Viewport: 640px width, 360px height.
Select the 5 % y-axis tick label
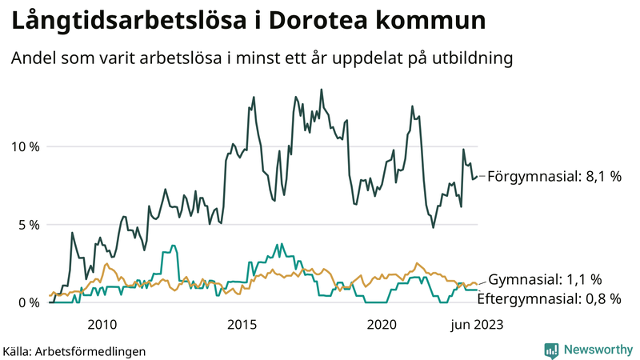pyautogui.click(x=27, y=225)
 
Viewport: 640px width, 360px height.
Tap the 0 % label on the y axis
pyautogui.click(x=27, y=302)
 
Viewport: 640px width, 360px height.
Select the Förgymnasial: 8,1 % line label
pyautogui.click(x=554, y=176)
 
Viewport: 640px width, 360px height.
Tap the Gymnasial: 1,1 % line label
pyautogui.click(x=545, y=279)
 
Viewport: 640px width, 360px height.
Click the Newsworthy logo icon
pyautogui.click(x=551, y=350)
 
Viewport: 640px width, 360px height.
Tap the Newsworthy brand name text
pyautogui.click(x=598, y=350)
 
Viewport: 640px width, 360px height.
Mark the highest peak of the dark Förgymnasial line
pyautogui.click(x=322, y=90)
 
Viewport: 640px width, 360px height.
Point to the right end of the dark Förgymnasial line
pyautogui.click(x=478, y=177)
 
